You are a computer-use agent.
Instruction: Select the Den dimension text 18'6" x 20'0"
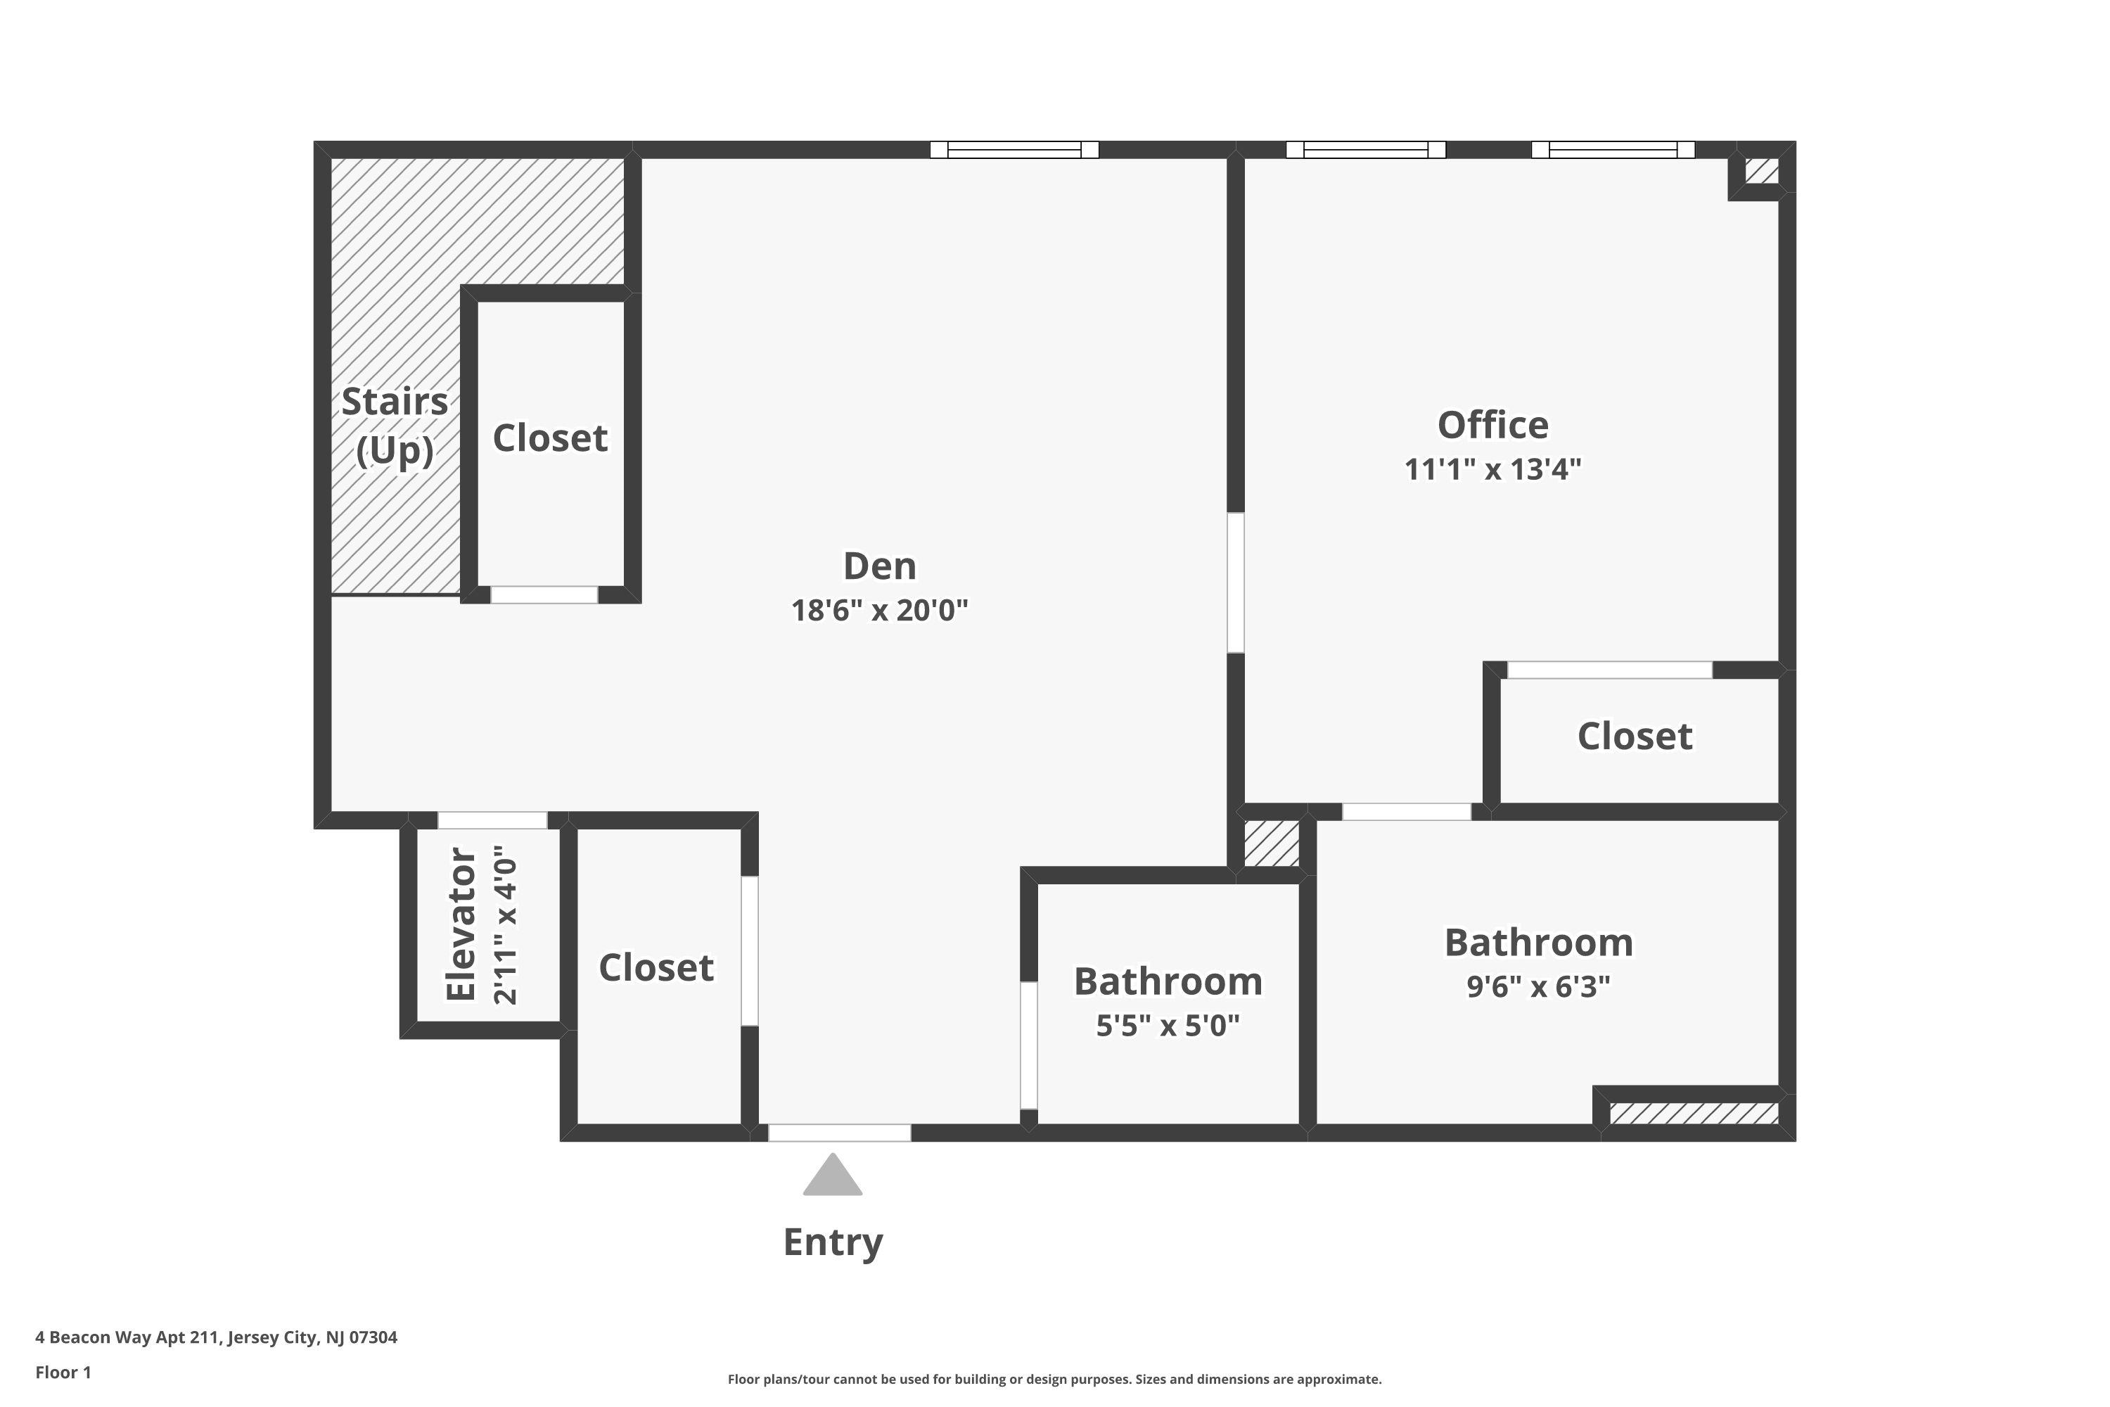coord(879,610)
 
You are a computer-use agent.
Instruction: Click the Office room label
coord(1492,426)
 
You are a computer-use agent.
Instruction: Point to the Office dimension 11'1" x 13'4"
coord(1492,469)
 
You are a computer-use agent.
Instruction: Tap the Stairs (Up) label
coord(395,426)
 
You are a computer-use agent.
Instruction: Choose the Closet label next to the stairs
coord(550,438)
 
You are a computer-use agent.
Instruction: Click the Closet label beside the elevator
coord(656,967)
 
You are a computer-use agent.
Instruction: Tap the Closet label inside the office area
coord(1635,736)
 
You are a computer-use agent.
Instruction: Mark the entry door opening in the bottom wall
coord(840,1133)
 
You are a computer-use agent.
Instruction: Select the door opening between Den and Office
coord(1235,582)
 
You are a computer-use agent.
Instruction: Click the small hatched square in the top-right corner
coord(1762,170)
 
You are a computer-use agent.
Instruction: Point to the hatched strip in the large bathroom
coord(1694,1114)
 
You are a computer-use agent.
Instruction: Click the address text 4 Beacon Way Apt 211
coord(216,1337)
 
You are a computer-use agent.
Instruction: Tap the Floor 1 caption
coord(63,1372)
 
